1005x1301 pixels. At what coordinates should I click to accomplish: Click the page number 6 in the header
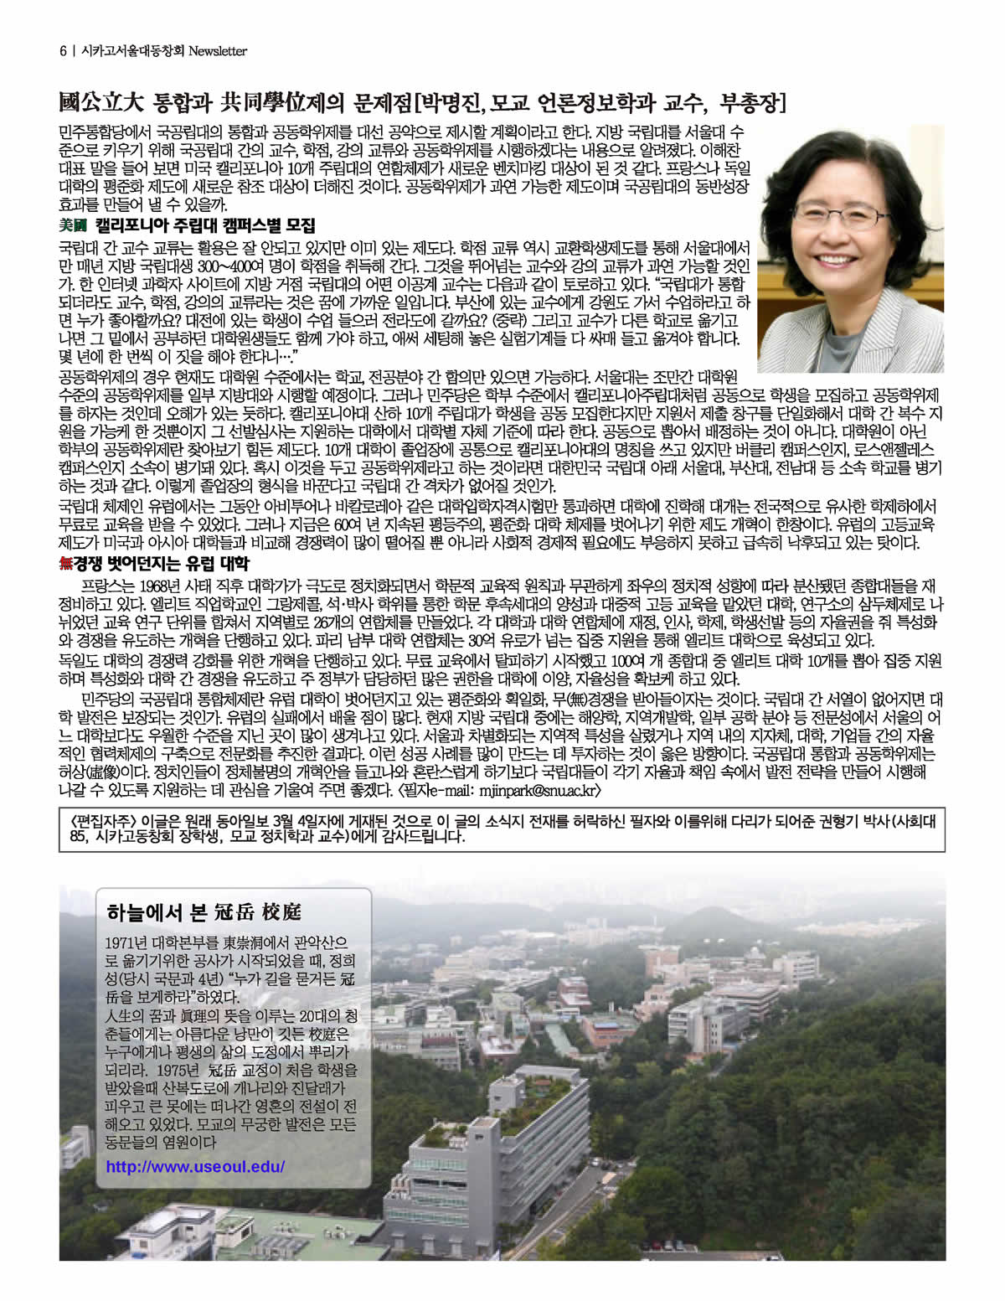click(x=63, y=51)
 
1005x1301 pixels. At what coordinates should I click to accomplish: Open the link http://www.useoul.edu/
click(x=195, y=1166)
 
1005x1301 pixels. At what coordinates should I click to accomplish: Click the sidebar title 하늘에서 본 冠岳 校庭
click(x=204, y=911)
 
